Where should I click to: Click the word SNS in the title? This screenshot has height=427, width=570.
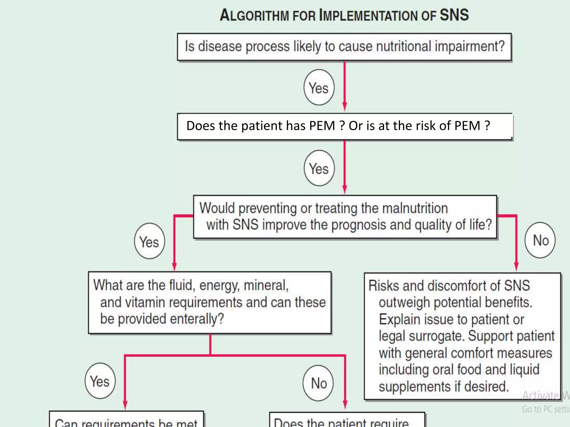click(x=454, y=15)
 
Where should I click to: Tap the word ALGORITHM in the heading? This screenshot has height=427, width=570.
click(x=254, y=16)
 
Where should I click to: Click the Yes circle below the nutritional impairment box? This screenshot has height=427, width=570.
click(x=319, y=87)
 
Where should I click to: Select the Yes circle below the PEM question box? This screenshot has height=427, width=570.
click(x=319, y=168)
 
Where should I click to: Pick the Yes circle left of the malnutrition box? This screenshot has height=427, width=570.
click(x=149, y=241)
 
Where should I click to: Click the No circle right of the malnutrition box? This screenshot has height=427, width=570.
click(x=540, y=240)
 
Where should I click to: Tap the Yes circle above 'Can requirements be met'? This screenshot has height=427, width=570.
click(x=100, y=381)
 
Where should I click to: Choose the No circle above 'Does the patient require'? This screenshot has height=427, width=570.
click(x=318, y=383)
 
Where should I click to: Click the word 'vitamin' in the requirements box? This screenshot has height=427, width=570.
click(x=145, y=302)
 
